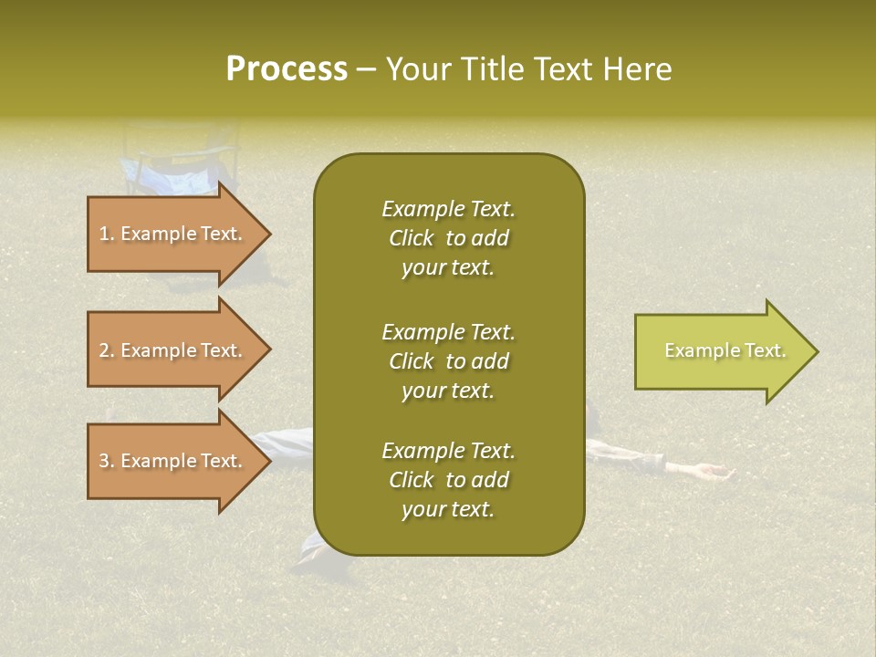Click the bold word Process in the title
(287, 69)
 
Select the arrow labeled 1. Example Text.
(173, 234)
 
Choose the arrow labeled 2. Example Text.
(173, 350)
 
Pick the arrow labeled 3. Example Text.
(173, 461)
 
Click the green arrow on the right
(721, 351)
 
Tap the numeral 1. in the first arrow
(107, 234)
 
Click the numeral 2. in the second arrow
(107, 350)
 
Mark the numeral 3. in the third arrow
(107, 461)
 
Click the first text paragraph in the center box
(448, 238)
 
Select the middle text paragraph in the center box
(448, 361)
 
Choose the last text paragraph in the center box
(448, 480)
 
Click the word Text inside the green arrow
(765, 350)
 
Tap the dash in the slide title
(367, 69)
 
